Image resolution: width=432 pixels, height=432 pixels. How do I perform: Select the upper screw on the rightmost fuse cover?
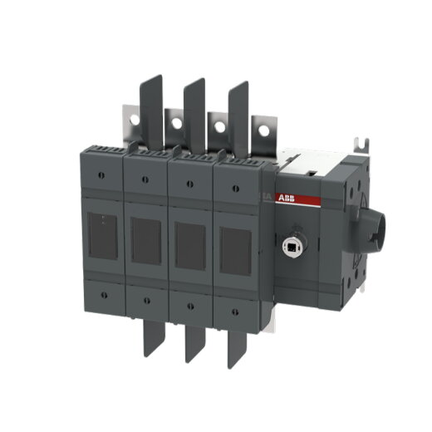[x=235, y=184]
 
